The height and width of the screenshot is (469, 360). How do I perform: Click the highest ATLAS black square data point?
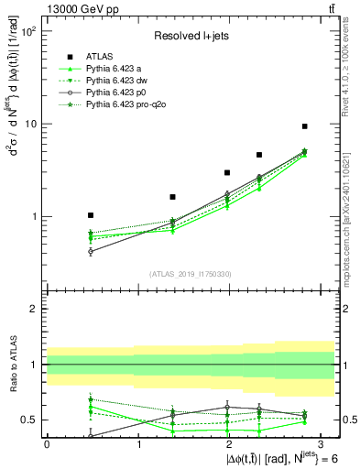pos(304,126)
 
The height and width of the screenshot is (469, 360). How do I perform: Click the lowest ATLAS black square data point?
pos(91,215)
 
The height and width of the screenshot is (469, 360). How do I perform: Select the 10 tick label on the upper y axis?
pos(30,125)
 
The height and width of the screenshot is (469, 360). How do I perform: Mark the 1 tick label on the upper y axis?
pos(33,217)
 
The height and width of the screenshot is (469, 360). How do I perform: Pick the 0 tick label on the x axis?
pos(47,443)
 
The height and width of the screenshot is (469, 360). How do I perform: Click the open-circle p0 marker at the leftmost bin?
pos(91,251)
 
